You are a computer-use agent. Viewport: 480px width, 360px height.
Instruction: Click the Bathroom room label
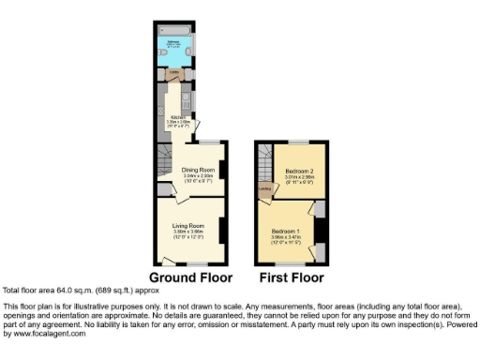pyautogui.click(x=174, y=41)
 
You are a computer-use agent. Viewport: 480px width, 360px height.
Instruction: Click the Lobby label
pyautogui.click(x=173, y=72)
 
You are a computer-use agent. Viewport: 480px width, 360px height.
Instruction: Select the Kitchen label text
pyautogui.click(x=173, y=116)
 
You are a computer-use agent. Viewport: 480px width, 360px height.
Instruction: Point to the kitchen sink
pyautogui.click(x=188, y=97)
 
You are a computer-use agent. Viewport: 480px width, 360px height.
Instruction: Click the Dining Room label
pyautogui.click(x=198, y=169)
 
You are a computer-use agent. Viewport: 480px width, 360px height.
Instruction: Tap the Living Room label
pyautogui.click(x=188, y=226)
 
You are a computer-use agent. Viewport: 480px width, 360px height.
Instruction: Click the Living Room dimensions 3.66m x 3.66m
pyautogui.click(x=188, y=232)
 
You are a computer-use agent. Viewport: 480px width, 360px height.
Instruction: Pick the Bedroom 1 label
pyautogui.click(x=286, y=231)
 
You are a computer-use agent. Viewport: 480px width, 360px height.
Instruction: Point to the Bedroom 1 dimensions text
pyautogui.click(x=286, y=237)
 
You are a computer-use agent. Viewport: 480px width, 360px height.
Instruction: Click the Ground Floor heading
pyautogui.click(x=190, y=278)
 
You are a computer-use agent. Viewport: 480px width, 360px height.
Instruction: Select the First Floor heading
pyautogui.click(x=291, y=278)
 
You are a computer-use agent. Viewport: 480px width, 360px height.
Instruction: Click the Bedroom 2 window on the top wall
pyautogui.click(x=299, y=142)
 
